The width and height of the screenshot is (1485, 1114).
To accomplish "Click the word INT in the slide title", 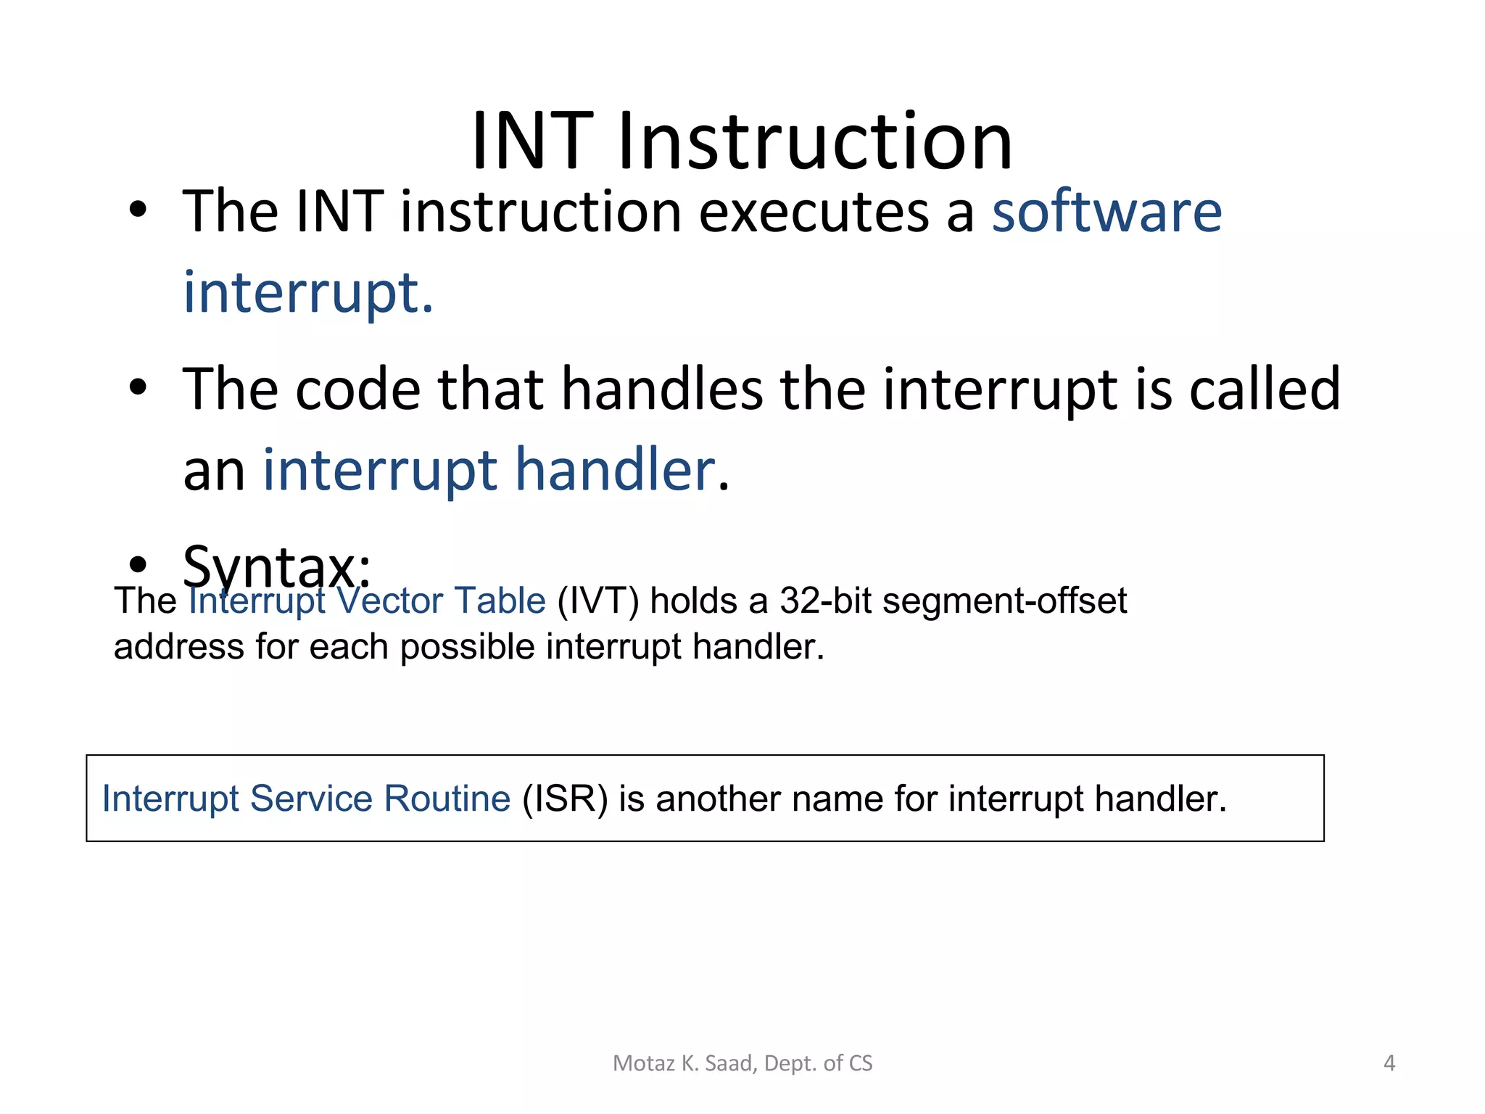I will [x=532, y=141].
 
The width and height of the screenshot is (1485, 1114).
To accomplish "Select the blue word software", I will [x=1106, y=213].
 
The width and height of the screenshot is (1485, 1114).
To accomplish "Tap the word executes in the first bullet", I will [x=814, y=213].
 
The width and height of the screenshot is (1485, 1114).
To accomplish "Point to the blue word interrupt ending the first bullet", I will [x=307, y=293].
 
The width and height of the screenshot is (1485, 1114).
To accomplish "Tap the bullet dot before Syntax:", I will [x=138, y=564].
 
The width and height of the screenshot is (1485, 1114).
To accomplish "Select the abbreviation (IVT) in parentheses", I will [x=597, y=601].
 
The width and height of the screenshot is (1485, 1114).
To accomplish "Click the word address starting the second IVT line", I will [x=178, y=646].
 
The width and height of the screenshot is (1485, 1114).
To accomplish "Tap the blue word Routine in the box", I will [x=447, y=799].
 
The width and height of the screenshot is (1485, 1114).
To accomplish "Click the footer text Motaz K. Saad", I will [x=685, y=1063].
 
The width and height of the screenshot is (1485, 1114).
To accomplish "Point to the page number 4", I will [x=1389, y=1063].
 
